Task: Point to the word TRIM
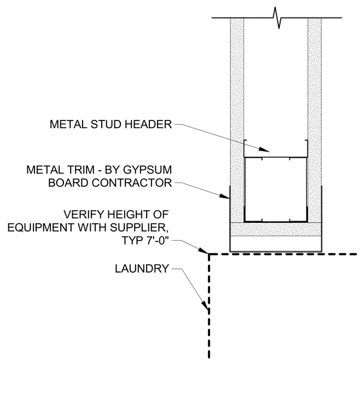[82, 170]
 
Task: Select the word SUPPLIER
[139, 228]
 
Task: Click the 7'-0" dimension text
[158, 240]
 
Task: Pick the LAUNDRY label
[142, 269]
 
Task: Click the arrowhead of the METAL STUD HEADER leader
[264, 149]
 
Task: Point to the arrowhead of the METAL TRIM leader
[224, 197]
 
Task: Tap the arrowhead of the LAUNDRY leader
[205, 305]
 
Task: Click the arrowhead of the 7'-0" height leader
[204, 251]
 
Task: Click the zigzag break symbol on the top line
[277, 18]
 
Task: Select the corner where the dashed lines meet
[209, 254]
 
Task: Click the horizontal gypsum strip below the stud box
[276, 229]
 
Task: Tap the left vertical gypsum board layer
[237, 120]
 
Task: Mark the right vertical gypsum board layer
[315, 120]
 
